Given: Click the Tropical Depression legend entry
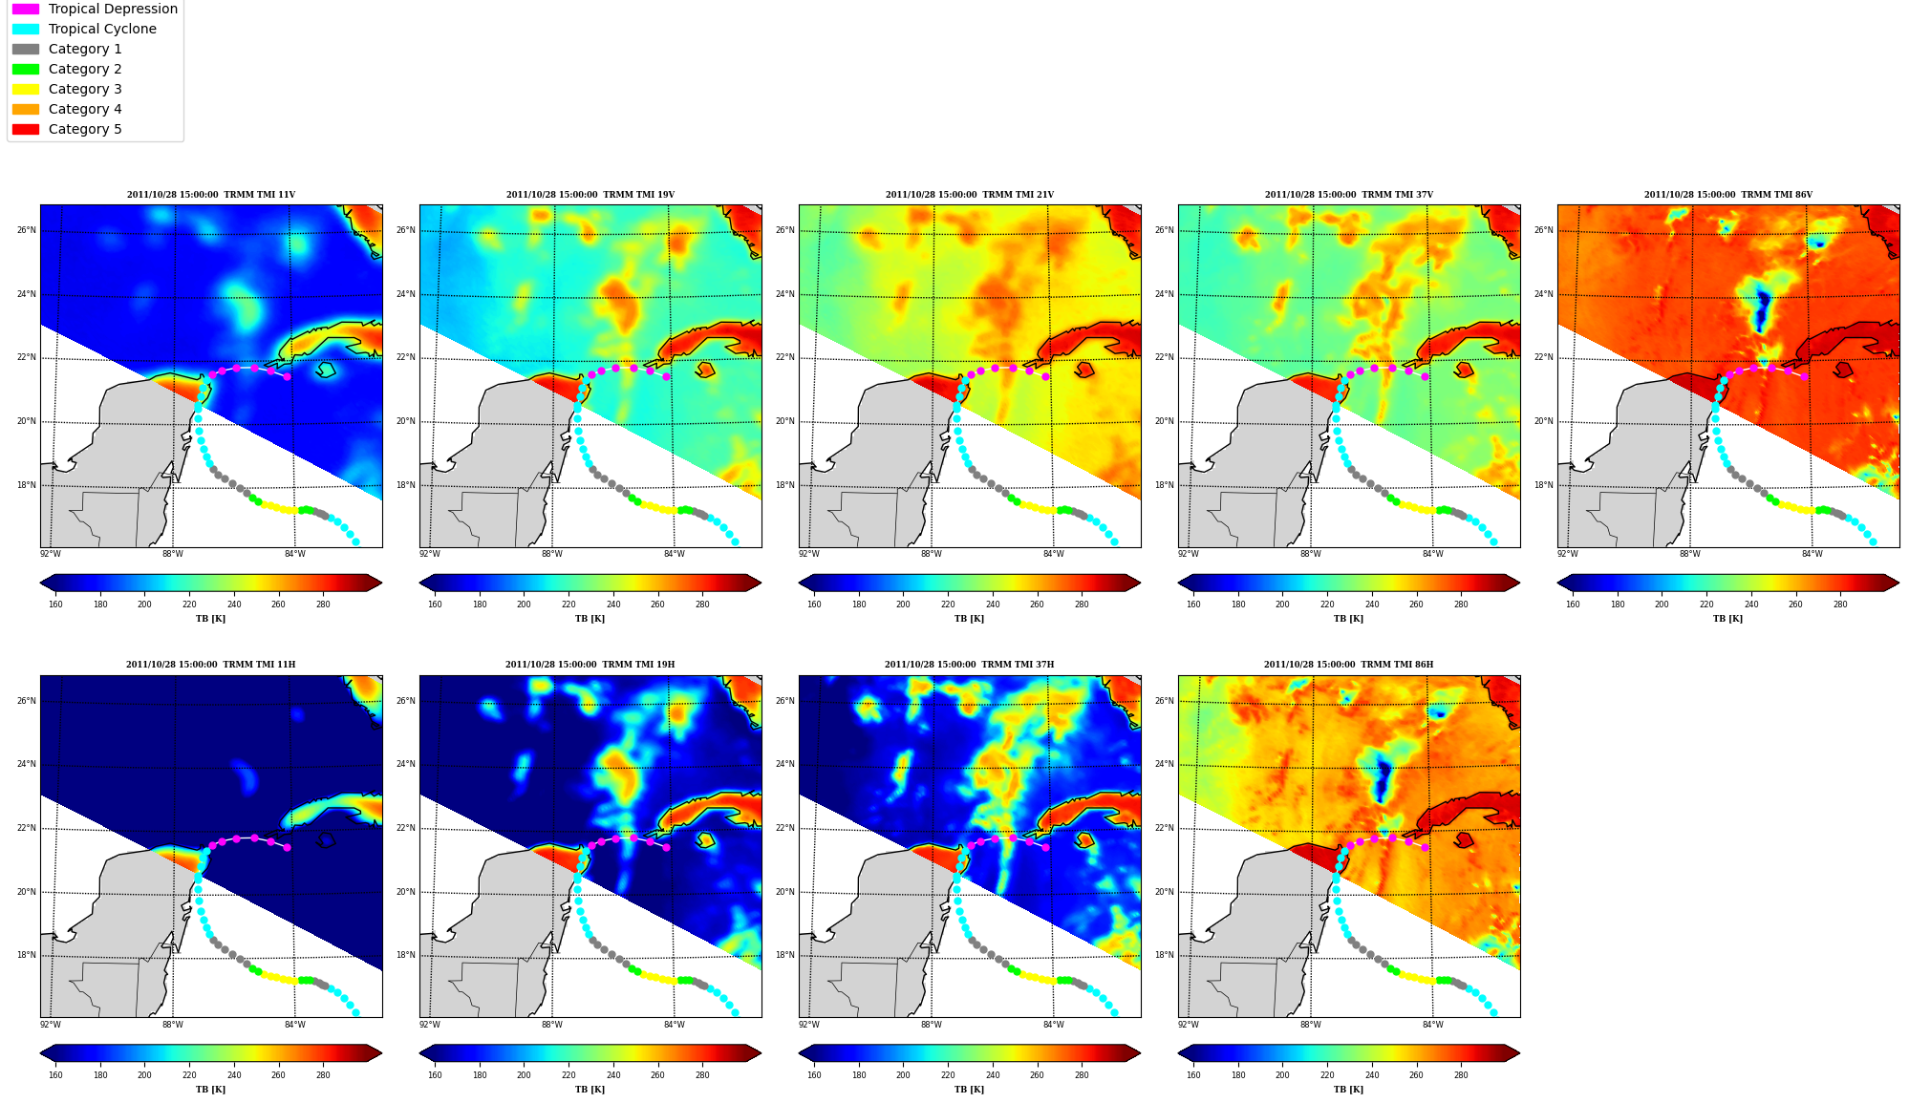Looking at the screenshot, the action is point(95,9).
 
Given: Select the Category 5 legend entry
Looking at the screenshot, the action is point(67,129).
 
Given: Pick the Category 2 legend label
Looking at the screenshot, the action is point(85,69).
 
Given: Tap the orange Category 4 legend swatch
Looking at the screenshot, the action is point(26,109).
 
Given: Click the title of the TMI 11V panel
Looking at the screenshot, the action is point(211,195).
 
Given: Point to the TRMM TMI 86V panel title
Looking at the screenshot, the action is point(1727,195).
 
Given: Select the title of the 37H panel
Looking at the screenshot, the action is point(969,665).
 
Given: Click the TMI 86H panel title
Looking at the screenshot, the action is point(1348,665).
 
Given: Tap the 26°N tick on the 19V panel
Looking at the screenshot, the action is point(406,230).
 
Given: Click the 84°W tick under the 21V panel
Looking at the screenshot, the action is point(1053,554).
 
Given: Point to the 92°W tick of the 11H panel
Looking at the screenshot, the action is point(50,1025).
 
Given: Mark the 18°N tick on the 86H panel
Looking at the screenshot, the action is point(1165,955).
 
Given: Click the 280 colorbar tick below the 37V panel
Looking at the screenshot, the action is point(1461,605).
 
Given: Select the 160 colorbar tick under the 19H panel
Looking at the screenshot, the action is point(435,1075).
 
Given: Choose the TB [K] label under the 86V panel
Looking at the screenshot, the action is point(1727,619).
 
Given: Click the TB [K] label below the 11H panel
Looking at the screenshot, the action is point(211,1090).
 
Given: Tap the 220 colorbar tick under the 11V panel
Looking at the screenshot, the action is point(189,605).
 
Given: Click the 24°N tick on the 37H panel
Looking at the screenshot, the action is point(785,764).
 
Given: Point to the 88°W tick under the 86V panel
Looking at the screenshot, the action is point(1689,554).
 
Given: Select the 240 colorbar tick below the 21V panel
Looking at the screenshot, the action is point(993,605).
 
